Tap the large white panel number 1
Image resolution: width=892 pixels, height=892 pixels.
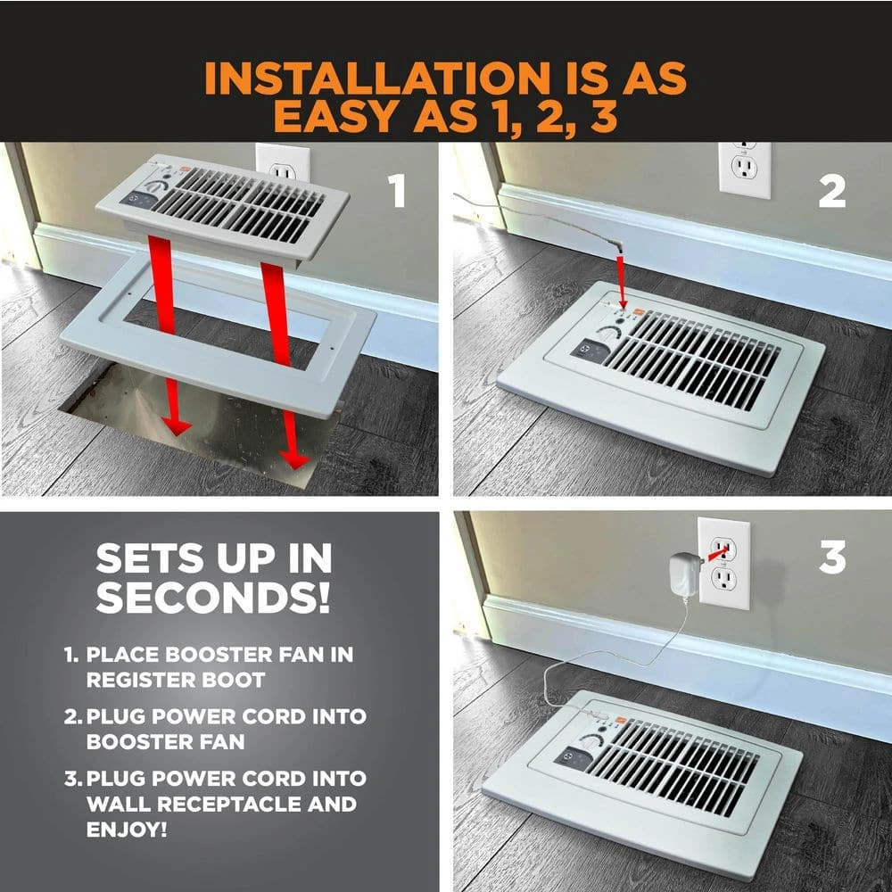click(397, 191)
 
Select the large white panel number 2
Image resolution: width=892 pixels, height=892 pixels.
click(831, 191)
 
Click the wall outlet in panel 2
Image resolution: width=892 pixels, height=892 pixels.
click(745, 170)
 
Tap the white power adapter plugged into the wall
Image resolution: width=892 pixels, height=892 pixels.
click(684, 574)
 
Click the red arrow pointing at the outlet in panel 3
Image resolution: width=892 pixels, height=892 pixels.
click(717, 552)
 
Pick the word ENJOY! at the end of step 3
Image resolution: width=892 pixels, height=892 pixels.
click(127, 830)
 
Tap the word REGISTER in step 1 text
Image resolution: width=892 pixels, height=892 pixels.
click(136, 680)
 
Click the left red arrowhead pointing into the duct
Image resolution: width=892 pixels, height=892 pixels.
click(176, 426)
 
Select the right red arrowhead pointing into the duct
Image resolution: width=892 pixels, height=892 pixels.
click(293, 459)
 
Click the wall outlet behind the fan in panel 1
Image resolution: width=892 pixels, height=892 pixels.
click(283, 162)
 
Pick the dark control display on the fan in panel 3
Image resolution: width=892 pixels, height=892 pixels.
click(571, 757)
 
